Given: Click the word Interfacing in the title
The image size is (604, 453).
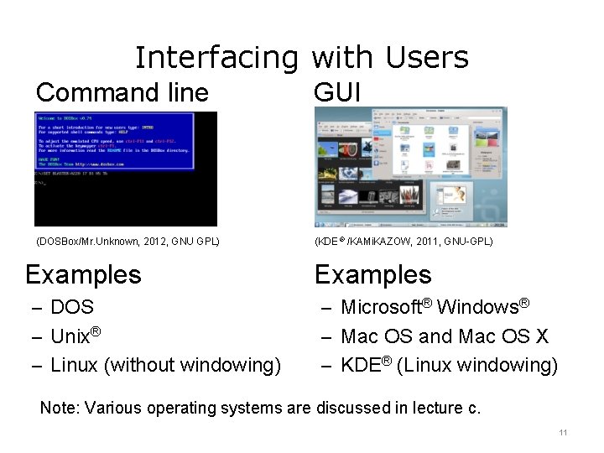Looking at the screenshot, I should click(x=216, y=58).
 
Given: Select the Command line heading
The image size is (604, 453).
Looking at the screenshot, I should click(x=122, y=91).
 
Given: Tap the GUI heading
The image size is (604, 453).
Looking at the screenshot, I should click(x=336, y=91).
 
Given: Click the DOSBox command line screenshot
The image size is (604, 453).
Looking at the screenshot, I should click(x=125, y=169).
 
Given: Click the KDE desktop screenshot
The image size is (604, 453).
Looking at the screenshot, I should click(x=410, y=167).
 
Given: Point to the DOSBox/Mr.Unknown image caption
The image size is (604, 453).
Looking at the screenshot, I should click(x=128, y=242).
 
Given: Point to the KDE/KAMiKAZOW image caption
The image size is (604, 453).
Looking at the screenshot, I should click(x=404, y=242).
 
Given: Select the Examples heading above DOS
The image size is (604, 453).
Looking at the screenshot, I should click(x=83, y=274).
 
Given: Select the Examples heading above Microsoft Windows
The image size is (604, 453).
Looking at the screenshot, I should click(x=372, y=274).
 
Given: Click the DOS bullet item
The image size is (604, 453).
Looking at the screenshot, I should click(x=72, y=307).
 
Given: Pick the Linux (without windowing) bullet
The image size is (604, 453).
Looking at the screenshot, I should click(x=165, y=365).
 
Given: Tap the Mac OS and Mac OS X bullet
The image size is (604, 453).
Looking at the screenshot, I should click(x=445, y=336).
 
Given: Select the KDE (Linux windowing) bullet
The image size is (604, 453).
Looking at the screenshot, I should click(x=449, y=365).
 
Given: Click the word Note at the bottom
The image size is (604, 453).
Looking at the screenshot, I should click(x=57, y=409).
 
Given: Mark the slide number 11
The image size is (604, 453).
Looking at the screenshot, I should click(x=563, y=433).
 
